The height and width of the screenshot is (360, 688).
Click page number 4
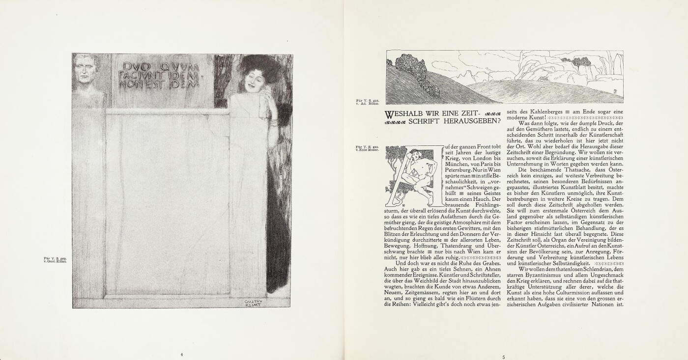[x=181, y=354]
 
